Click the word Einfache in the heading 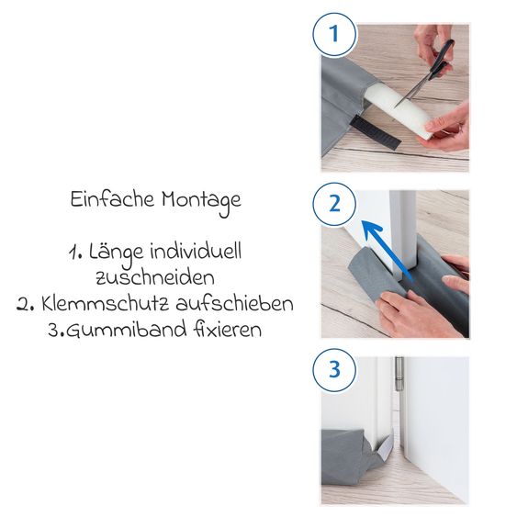[x=112, y=199]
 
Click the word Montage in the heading [x=201, y=202]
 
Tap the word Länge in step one [x=116, y=254]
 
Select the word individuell [x=196, y=252]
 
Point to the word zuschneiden [x=155, y=278]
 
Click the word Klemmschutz [x=106, y=304]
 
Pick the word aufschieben [x=234, y=304]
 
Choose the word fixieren [x=228, y=330]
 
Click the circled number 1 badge [x=334, y=34]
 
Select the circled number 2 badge [x=334, y=204]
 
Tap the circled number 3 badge [x=334, y=370]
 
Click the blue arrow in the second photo [x=387, y=249]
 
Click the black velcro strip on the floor [x=376, y=132]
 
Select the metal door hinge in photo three [x=399, y=374]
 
